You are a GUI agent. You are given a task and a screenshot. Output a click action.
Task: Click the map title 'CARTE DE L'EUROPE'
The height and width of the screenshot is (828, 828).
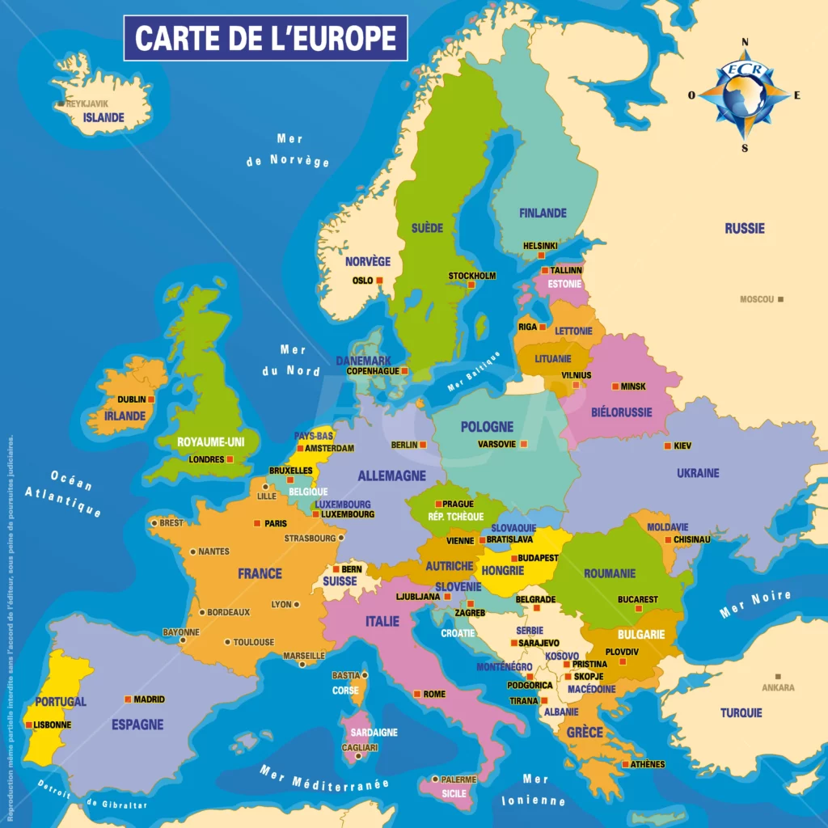coord(265,38)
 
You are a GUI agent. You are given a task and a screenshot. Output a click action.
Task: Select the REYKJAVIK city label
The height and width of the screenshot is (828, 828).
coord(87,103)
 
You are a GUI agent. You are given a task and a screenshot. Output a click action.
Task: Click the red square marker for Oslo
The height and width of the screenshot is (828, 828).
coord(378,281)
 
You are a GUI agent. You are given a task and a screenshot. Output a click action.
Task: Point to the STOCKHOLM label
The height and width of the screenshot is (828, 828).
coord(472,276)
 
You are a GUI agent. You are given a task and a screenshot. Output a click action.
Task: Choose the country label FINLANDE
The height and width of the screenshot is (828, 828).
coord(543,213)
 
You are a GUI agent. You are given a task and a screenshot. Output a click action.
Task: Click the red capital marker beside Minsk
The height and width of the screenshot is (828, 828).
coord(615,387)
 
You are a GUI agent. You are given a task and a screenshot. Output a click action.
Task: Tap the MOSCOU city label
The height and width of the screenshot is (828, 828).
coord(757,299)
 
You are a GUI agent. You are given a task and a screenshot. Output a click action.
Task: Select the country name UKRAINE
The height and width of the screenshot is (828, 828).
coord(698,473)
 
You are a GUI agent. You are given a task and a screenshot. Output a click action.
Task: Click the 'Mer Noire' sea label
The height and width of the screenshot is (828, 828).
coord(755,605)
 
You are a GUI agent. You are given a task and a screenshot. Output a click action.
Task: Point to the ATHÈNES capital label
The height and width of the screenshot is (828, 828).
coord(648,764)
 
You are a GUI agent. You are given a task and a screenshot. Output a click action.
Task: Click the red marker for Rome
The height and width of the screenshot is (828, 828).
coord(417,694)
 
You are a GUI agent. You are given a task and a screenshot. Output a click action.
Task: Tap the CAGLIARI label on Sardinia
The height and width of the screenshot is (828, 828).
coord(360,747)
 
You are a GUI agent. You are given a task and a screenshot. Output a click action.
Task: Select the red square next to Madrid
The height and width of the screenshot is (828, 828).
coord(128,699)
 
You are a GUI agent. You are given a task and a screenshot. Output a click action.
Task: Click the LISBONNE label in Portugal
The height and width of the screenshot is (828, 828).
coord(53,724)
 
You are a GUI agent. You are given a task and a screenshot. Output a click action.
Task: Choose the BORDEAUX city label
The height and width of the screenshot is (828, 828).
coord(229,612)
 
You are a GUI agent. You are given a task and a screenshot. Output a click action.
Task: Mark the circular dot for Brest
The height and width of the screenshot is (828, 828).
coord(154,523)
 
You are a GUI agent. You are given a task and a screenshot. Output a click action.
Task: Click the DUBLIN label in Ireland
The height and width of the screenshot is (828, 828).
coord(131,399)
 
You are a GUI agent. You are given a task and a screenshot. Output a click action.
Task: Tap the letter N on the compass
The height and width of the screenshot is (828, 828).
coord(745,43)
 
